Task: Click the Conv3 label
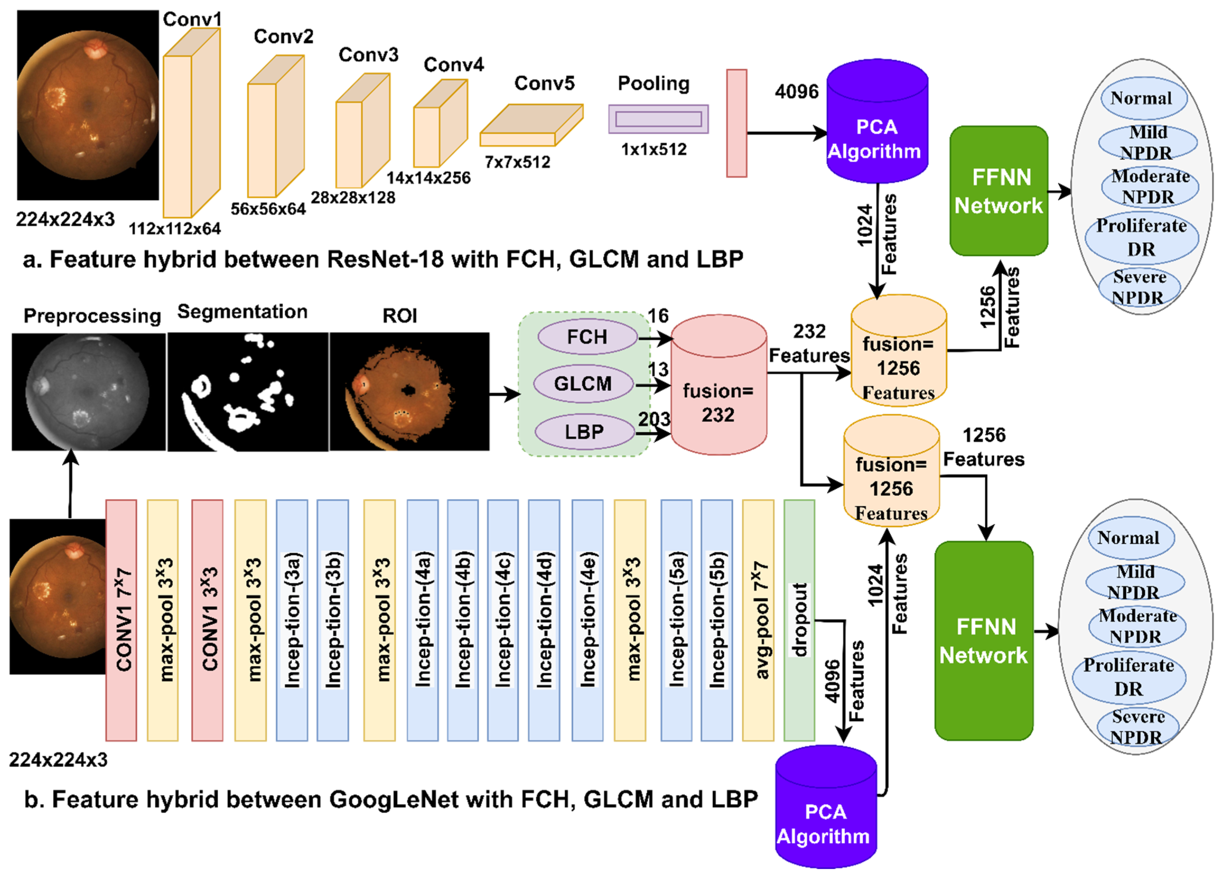tap(368, 54)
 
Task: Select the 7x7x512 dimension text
tap(517, 162)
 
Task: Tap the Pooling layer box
tap(658, 119)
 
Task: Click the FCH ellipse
tap(587, 337)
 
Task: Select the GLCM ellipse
tap(583, 384)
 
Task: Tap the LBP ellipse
tap(584, 432)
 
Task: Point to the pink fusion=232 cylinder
tap(718, 393)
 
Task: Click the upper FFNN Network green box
tap(998, 191)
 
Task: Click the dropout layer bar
tap(799, 620)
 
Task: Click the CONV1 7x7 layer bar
tap(121, 620)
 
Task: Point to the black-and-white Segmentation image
tap(247, 392)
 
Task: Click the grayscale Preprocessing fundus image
tap(88, 392)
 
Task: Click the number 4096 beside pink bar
tap(796, 91)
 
